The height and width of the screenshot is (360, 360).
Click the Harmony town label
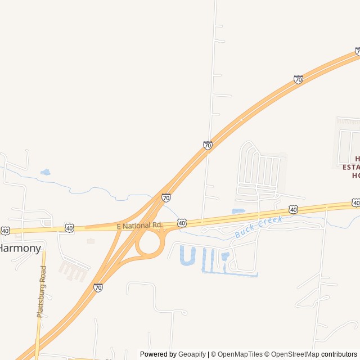coord(20,248)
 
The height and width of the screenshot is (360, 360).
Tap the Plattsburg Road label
coord(42,291)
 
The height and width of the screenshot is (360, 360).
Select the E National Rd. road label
coord(139,225)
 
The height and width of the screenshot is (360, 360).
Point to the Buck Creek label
coord(258,226)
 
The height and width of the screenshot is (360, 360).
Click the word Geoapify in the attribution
coord(192,354)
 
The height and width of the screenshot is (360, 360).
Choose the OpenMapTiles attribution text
coord(240,354)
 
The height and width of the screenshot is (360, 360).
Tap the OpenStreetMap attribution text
coord(294,354)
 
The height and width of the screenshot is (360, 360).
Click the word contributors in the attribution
coord(339,354)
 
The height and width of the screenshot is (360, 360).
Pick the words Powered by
coord(158,354)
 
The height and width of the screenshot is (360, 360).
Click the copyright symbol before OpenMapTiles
coord(213,354)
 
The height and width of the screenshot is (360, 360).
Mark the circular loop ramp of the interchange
coord(149,243)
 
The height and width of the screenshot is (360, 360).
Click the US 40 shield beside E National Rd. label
coord(182,223)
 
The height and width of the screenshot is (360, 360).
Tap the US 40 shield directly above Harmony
coord(5,231)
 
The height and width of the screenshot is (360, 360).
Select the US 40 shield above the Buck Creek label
coord(293,209)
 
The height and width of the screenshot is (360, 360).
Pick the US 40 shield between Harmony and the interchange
coord(69,228)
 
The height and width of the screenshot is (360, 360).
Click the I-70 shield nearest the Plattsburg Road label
coord(98,287)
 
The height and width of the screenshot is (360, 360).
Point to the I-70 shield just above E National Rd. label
coord(166,197)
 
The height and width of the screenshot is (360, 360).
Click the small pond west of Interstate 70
coord(45,172)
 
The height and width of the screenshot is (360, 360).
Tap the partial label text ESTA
coord(352,167)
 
